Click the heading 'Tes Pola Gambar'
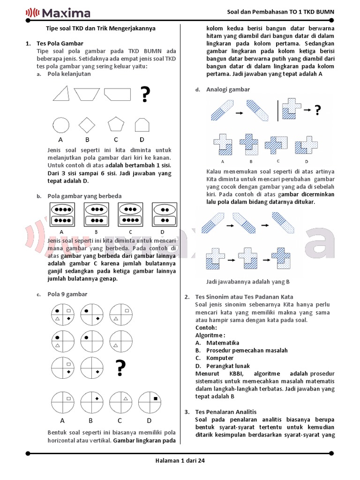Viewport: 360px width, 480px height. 60,44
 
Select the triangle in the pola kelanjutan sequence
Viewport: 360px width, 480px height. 61,93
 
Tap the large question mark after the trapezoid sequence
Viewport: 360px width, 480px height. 145,94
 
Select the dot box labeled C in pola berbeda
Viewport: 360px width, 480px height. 130,215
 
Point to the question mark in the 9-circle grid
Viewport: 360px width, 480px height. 120,367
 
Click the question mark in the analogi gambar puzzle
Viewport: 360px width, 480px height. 318,111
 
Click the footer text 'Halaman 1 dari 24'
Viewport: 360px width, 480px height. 180,461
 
